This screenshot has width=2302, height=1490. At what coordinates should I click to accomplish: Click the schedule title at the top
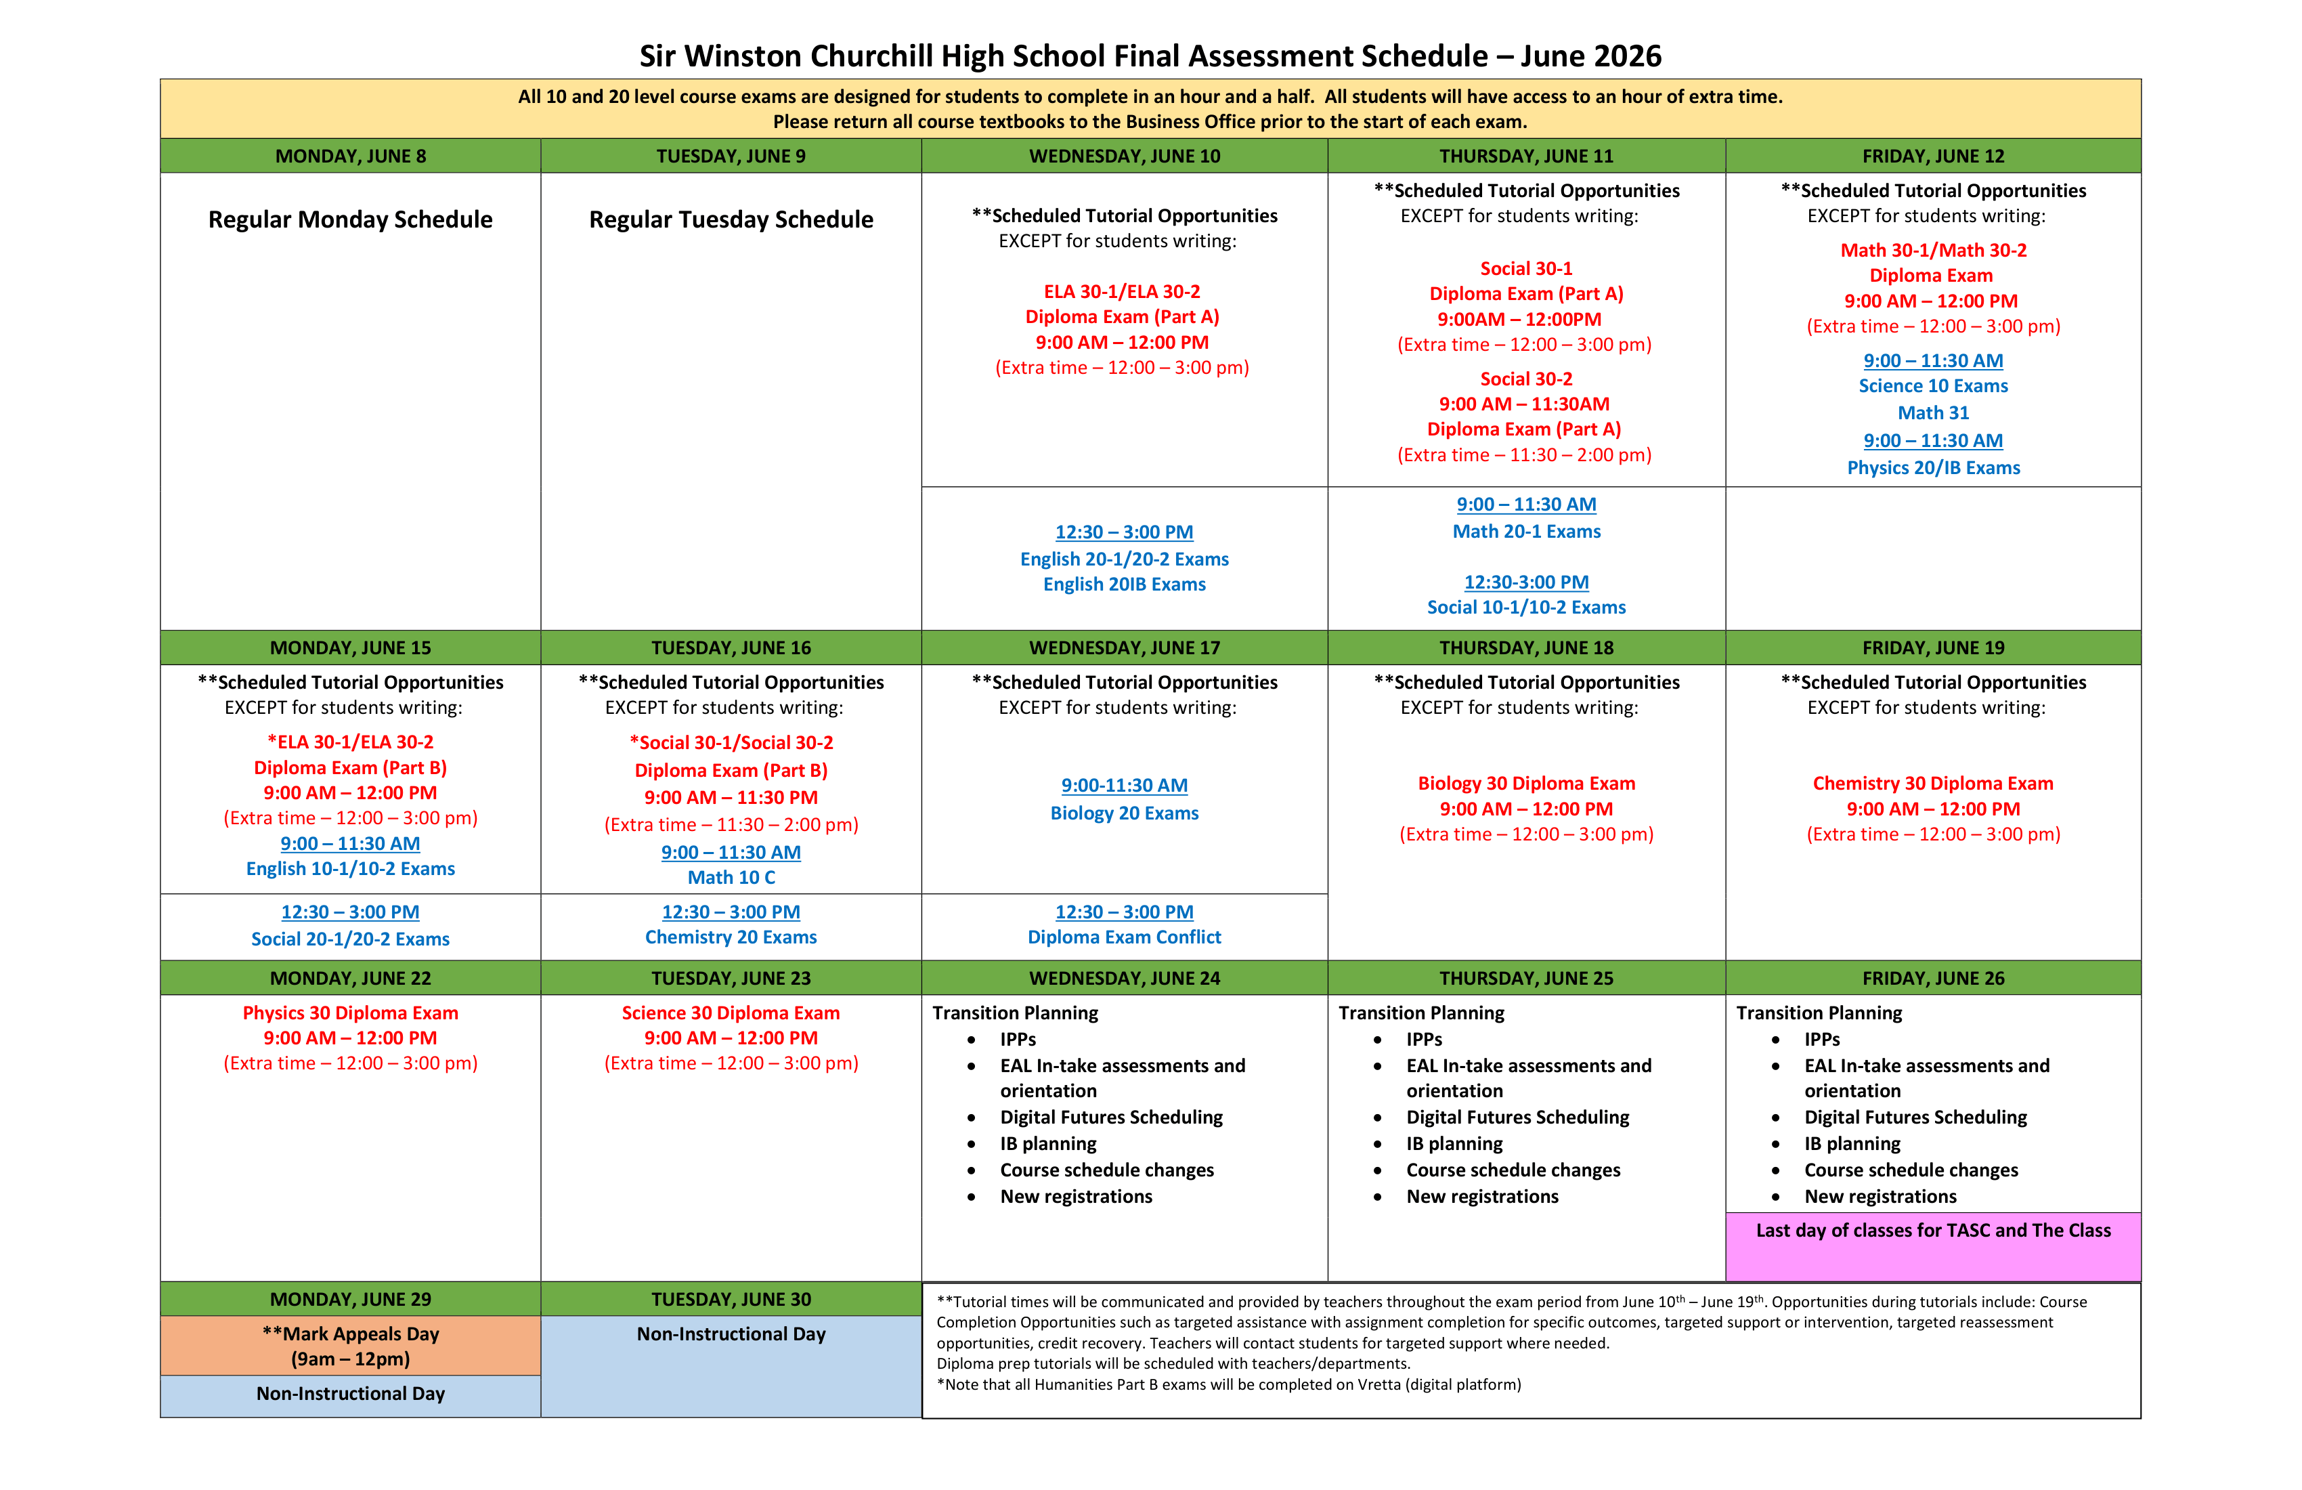(1150, 56)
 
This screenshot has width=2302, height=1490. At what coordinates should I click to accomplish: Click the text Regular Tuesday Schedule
(731, 219)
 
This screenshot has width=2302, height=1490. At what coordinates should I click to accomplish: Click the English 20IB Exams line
(1124, 584)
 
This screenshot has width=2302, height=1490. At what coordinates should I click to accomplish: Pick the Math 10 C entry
(731, 878)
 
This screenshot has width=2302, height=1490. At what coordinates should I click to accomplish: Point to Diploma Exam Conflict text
(1124, 937)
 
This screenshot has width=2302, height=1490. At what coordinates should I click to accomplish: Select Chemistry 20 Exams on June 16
(731, 937)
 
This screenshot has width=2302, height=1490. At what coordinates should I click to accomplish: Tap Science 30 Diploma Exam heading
(731, 1013)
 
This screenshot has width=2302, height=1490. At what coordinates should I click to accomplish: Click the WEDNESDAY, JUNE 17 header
(1124, 647)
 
